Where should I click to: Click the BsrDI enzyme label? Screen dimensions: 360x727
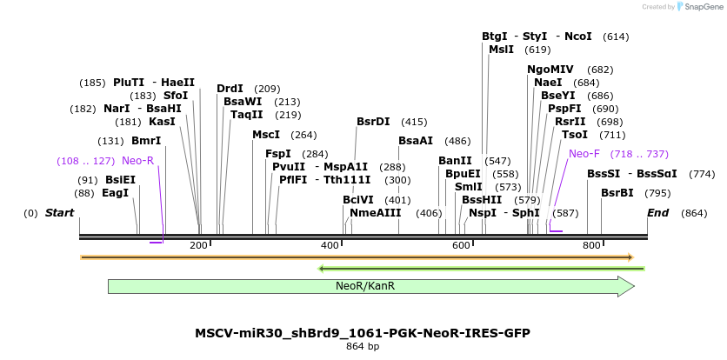click(373, 122)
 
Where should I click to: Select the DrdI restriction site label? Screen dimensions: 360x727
click(230, 89)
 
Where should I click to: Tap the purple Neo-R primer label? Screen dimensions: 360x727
click(137, 161)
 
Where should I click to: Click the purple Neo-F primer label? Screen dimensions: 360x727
click(584, 154)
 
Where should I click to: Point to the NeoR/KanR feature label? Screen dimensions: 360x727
click(365, 286)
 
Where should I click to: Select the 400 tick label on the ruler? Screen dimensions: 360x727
click(330, 246)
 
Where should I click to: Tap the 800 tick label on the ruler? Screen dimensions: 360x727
click(592, 246)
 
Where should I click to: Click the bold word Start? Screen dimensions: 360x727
click(59, 213)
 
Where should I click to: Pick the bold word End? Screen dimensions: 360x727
click(657, 213)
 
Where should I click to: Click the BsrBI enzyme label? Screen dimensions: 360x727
click(617, 193)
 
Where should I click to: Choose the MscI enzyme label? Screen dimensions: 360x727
click(266, 135)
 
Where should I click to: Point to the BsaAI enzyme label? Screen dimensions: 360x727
click(416, 141)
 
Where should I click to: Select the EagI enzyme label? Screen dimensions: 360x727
click(116, 193)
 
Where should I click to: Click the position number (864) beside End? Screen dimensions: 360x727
click(695, 213)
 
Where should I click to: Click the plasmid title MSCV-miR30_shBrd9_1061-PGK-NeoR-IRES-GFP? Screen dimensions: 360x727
click(363, 333)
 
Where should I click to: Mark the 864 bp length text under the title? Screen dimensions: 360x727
click(363, 347)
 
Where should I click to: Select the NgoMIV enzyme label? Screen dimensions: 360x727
click(550, 70)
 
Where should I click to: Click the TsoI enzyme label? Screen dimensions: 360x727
click(575, 135)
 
